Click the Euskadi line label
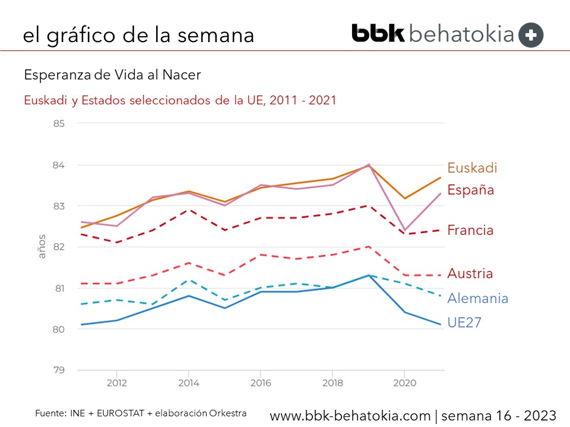(472, 168)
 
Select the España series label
(471, 190)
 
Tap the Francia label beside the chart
(470, 230)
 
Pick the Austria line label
(470, 274)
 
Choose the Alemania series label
(477, 298)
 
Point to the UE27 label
(464, 323)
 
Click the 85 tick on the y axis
(59, 123)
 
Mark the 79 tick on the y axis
(59, 370)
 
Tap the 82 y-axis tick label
(59, 247)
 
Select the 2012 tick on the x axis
(116, 383)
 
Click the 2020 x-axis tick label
(404, 383)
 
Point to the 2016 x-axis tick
(260, 383)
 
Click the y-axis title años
(42, 247)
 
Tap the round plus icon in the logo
(531, 35)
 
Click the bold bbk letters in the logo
(378, 34)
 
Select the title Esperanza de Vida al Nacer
(112, 75)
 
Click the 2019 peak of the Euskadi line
(368, 165)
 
